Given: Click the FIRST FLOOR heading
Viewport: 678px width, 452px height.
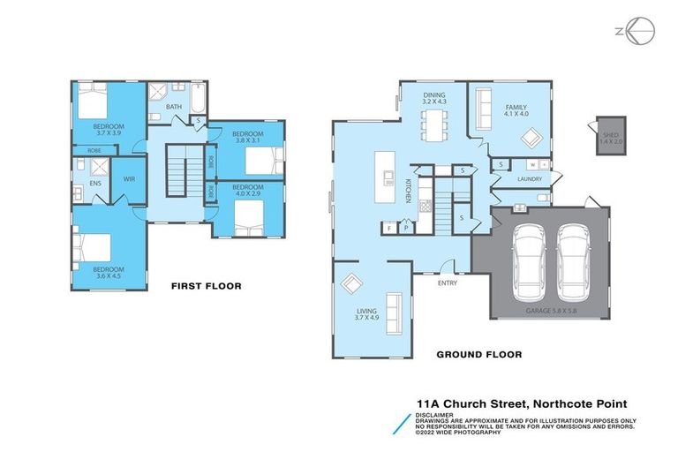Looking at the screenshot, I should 206,286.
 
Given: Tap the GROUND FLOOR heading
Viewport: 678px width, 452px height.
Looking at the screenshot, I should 479,355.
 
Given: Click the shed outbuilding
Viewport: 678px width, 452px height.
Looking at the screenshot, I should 609,136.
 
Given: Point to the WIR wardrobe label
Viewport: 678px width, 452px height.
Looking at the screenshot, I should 129,179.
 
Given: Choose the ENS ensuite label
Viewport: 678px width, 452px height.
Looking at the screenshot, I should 94,184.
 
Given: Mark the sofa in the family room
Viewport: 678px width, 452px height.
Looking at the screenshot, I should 483,111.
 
